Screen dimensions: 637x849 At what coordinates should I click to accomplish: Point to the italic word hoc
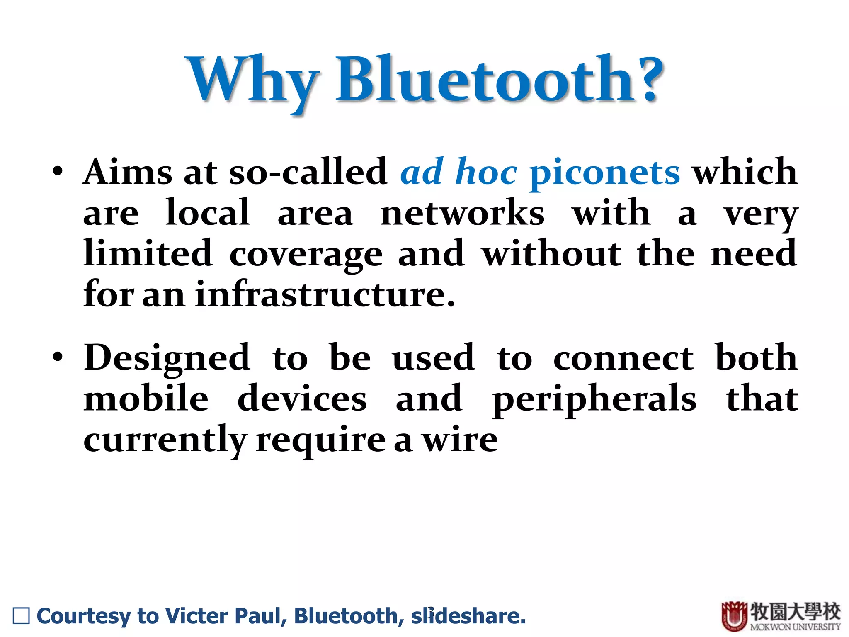click(x=486, y=172)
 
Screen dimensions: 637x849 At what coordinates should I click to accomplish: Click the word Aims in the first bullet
click(x=128, y=172)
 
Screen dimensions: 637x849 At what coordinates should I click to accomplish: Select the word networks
click(x=462, y=213)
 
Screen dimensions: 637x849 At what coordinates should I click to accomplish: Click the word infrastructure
click(x=325, y=294)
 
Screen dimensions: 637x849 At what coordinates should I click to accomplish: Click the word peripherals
click(x=595, y=399)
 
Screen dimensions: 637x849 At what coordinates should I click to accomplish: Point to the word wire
click(x=460, y=440)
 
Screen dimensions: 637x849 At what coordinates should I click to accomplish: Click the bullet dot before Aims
click(x=58, y=172)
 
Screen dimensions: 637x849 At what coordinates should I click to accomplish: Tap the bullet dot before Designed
click(x=58, y=357)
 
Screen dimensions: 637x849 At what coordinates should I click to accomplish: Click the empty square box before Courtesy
click(x=22, y=616)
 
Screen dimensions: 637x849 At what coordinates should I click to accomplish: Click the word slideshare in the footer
click(x=468, y=615)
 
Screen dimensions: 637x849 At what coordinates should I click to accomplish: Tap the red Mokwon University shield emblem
click(x=734, y=616)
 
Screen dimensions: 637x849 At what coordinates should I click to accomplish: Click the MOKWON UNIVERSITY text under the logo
click(x=795, y=626)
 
